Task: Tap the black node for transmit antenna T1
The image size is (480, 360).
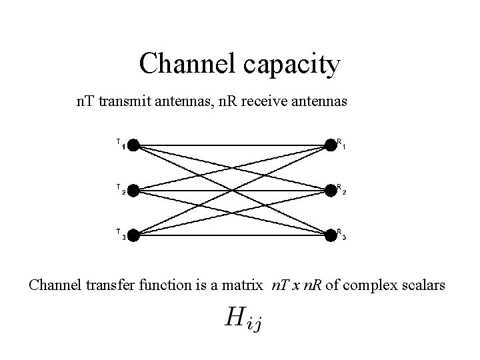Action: (133, 145)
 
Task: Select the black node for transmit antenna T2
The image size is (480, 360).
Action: (133, 190)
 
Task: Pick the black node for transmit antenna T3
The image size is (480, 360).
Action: (133, 235)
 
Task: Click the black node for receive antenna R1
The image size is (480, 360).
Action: (331, 145)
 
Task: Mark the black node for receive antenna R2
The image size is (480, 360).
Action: (331, 190)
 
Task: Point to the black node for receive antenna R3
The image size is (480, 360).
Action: (331, 235)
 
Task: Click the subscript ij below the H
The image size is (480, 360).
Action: (255, 325)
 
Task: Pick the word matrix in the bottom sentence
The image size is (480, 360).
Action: (244, 286)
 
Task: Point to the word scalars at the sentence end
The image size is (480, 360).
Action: (423, 286)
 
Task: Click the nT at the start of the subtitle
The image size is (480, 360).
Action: (85, 103)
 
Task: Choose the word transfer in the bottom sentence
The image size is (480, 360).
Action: (107, 286)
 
